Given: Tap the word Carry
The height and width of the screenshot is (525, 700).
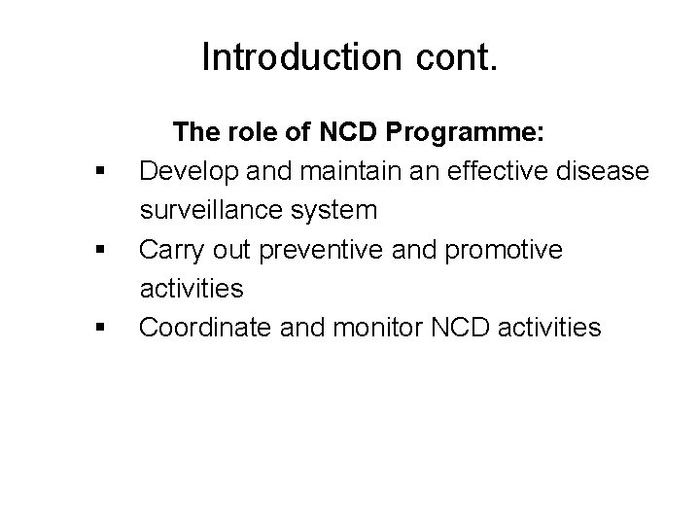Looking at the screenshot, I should [169, 250].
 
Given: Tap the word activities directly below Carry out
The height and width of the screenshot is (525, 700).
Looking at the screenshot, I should [192, 289].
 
